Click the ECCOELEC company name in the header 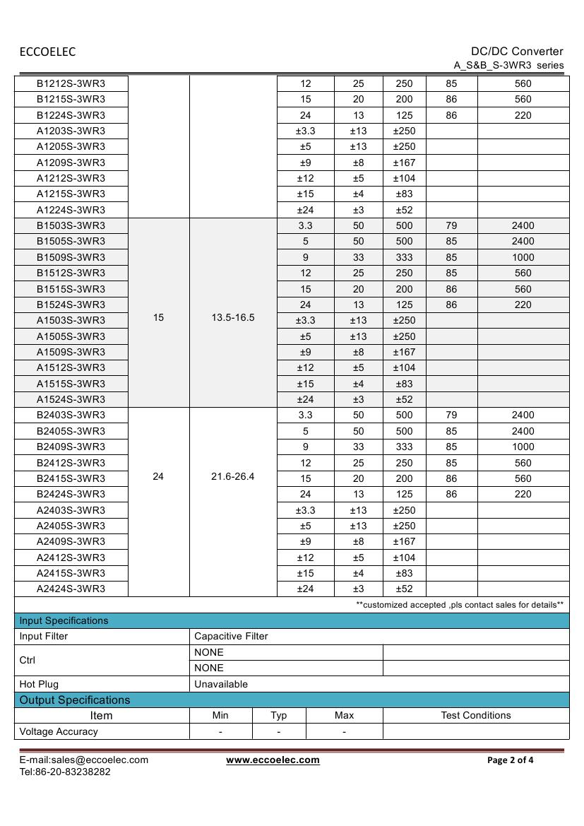click(x=47, y=52)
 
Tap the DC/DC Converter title click(x=517, y=51)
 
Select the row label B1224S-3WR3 click(x=71, y=115)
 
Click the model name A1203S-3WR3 click(x=71, y=131)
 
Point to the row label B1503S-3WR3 click(x=71, y=225)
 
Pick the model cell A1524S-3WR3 click(x=71, y=399)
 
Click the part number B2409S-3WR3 click(x=71, y=447)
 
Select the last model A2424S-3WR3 click(x=71, y=589)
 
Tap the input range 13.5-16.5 click(x=233, y=318)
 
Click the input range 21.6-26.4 click(x=233, y=477)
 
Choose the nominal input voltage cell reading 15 click(x=158, y=318)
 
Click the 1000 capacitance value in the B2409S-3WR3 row click(x=523, y=447)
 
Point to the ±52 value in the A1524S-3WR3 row click(x=404, y=399)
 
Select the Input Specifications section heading click(x=64, y=620)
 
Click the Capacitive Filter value click(x=231, y=636)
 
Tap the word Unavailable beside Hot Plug click(x=221, y=684)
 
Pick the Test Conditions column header click(x=475, y=715)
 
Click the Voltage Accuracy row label click(x=59, y=731)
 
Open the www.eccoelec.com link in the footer click(x=273, y=760)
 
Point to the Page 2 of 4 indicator click(x=511, y=760)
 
